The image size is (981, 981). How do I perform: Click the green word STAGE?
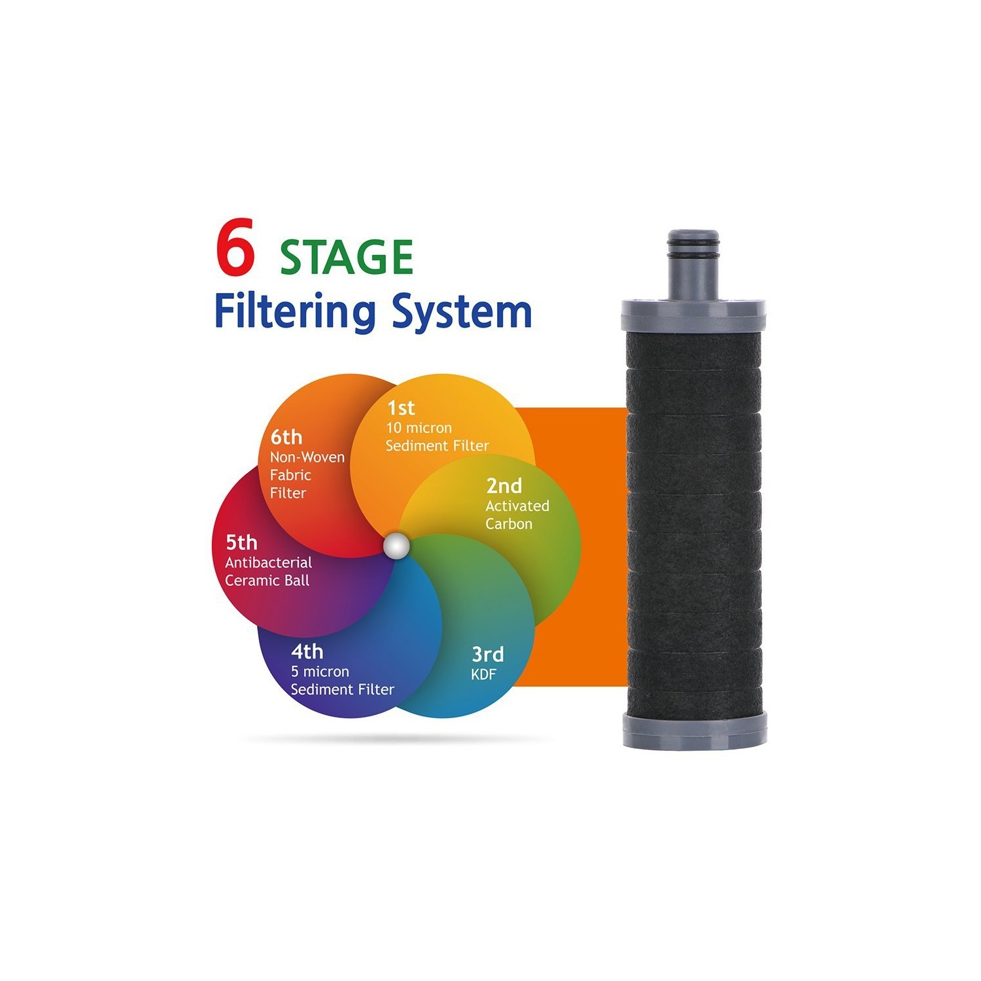pos(347,256)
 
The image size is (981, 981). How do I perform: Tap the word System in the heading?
pos(462,313)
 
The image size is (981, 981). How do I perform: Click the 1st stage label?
pos(401,408)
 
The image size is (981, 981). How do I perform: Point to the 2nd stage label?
pos(504,486)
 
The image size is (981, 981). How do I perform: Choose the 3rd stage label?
pos(488,654)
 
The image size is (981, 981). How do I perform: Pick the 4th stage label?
pos(307,651)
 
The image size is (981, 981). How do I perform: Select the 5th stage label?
pos(241,542)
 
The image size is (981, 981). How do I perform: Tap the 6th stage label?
pos(286,437)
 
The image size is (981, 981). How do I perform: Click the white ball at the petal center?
pos(396,546)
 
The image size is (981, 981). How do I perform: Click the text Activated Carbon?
pos(517,515)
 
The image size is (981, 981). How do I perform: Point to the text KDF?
pos(484,675)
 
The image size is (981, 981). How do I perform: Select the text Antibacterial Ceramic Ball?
pos(268,572)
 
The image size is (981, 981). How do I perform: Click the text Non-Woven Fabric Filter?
pos(306,475)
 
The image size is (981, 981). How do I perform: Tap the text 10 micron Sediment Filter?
pos(437,437)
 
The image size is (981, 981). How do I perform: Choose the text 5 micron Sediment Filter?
pos(342,681)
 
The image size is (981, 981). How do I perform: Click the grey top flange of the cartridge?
pos(693,316)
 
